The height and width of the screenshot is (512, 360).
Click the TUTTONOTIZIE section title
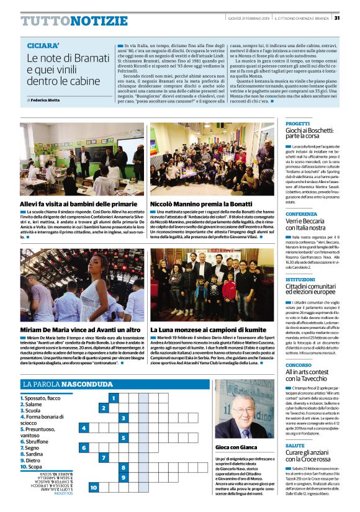pos(74,21)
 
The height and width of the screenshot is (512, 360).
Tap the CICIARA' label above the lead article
pos(43,46)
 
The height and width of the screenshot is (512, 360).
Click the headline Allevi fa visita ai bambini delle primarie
pos(78,203)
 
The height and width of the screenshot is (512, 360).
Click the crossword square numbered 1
pos(113,398)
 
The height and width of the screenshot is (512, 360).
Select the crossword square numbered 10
pos(93,488)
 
